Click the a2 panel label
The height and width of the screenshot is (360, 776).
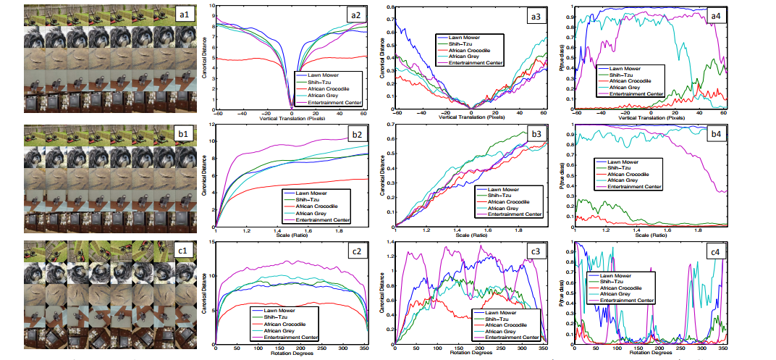pyautogui.click(x=355, y=13)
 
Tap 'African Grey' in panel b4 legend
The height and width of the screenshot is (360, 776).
pyautogui.click(x=626, y=180)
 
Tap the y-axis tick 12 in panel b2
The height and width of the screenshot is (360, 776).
pyautogui.click(x=211, y=125)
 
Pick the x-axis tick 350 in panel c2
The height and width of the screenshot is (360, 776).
pyautogui.click(x=363, y=348)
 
